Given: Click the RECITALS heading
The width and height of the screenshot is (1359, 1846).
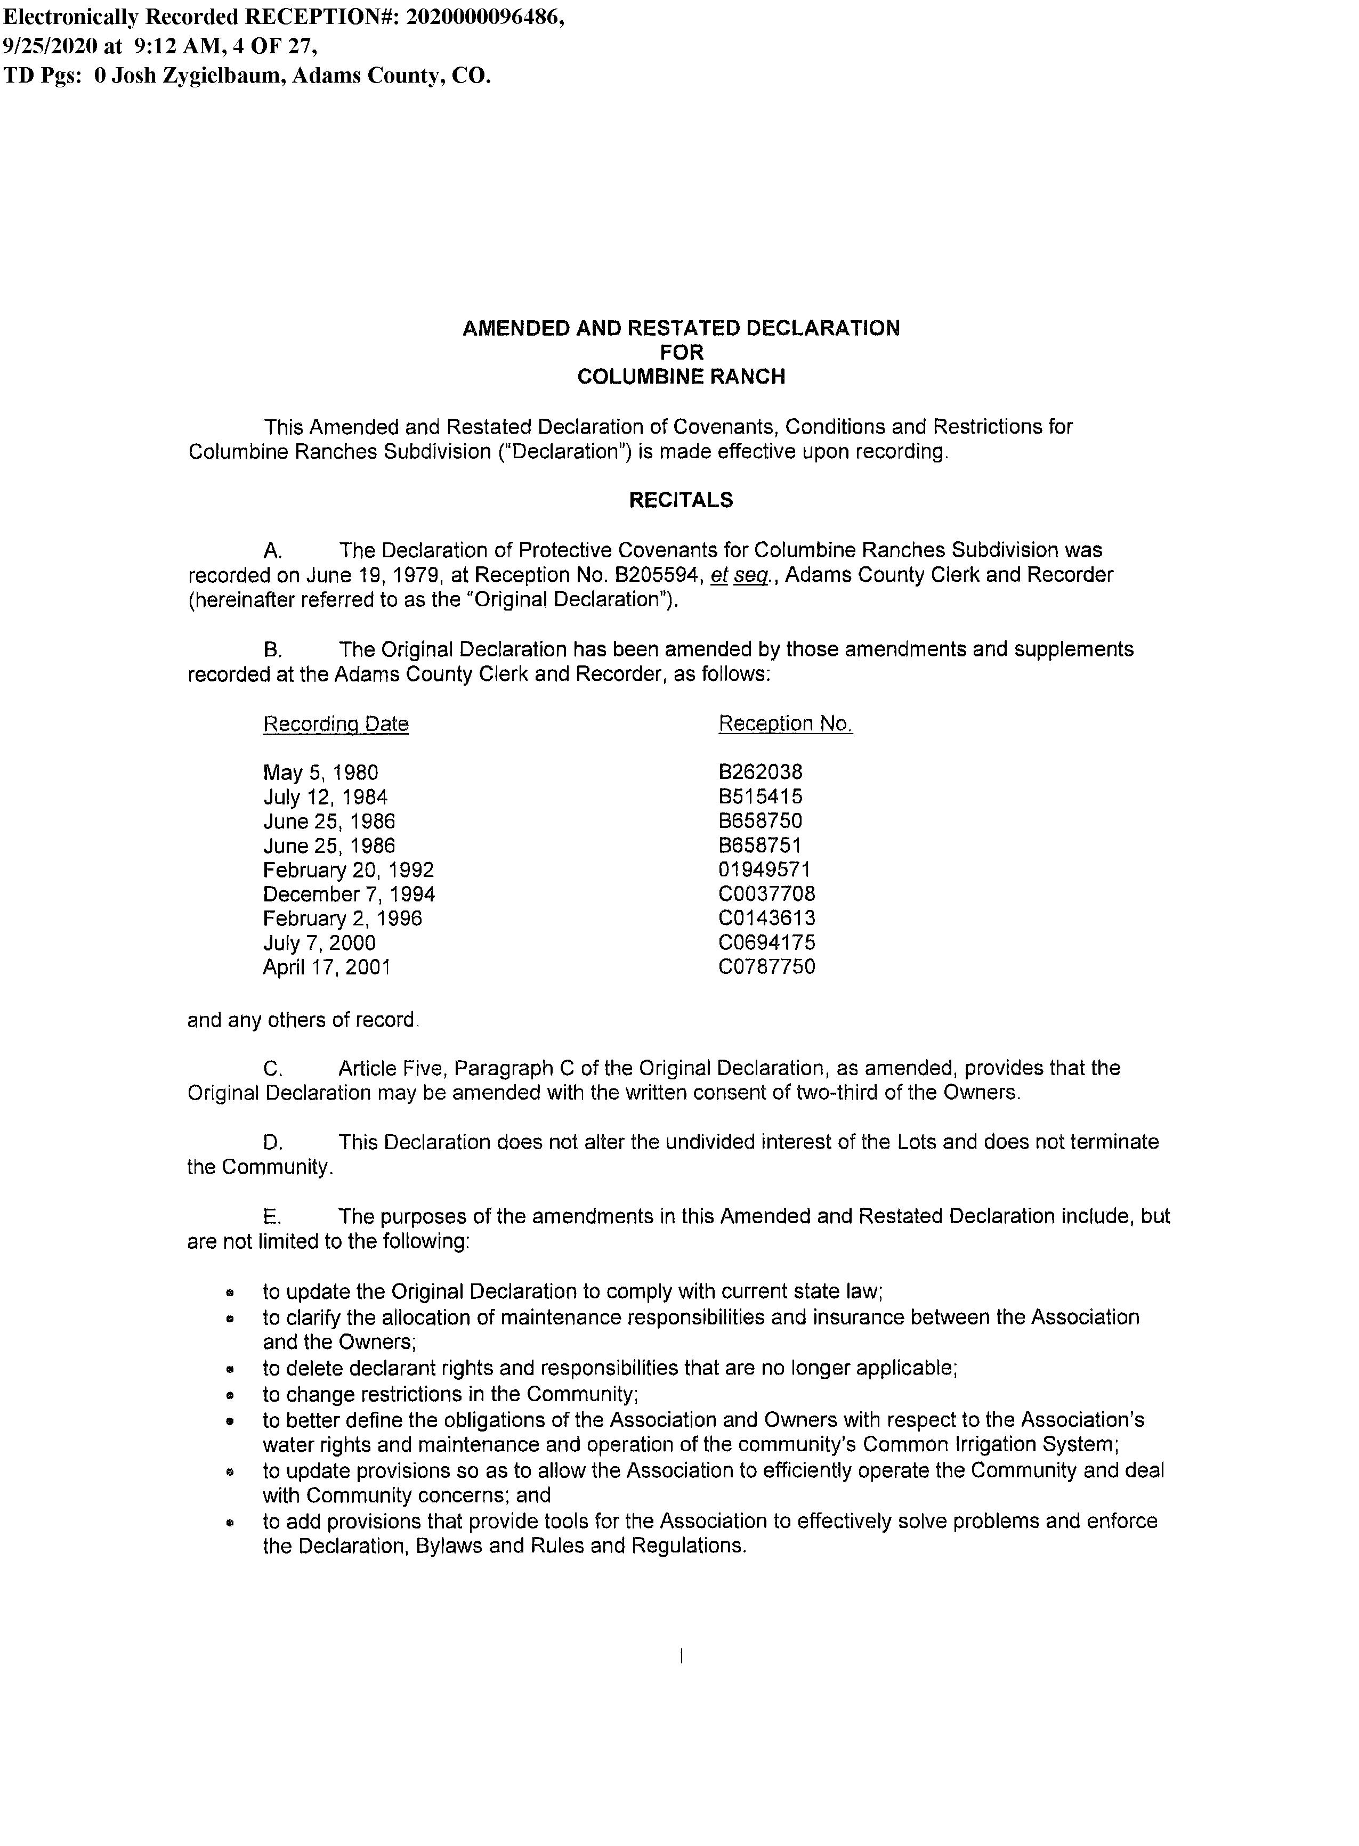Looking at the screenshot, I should coord(681,500).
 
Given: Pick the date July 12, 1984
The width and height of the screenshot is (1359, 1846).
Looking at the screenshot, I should coord(325,797).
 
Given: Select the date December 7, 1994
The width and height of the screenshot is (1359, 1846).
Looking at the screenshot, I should coord(349,894).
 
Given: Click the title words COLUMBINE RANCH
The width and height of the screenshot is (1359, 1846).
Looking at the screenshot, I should coord(681,377).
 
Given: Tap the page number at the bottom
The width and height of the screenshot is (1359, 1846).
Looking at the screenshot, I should coord(681,1656).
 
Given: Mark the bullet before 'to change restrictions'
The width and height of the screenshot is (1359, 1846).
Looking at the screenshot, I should coord(233,1395).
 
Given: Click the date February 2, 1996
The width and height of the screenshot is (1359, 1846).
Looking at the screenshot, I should coord(342,918).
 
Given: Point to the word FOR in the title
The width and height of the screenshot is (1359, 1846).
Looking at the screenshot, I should coord(681,353).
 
